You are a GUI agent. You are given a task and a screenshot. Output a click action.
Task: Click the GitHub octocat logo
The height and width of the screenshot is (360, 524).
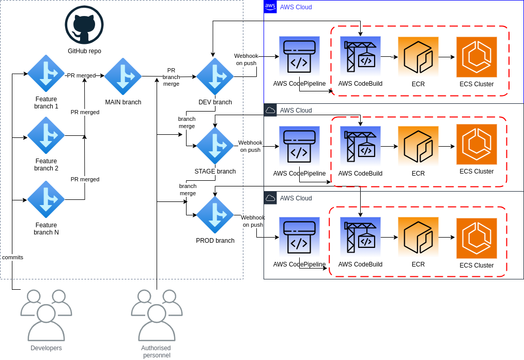84,25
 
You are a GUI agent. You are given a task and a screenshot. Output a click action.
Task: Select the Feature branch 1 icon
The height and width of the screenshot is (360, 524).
46,73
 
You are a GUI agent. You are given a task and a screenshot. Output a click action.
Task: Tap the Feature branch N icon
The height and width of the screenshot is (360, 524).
46,199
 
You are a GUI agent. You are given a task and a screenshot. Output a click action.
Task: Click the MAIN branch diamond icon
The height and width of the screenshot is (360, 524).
123,76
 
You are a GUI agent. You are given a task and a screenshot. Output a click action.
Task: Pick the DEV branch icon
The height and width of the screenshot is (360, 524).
215,76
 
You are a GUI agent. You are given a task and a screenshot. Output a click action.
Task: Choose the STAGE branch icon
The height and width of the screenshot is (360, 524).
215,146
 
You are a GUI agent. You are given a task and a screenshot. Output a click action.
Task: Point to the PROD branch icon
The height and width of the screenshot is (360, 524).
215,215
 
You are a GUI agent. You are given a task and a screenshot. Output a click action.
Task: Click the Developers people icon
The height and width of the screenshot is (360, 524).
46,316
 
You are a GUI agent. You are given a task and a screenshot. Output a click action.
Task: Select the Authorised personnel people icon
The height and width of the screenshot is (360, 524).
157,316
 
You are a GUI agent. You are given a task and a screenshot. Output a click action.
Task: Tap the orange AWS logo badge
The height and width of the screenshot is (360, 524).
270,7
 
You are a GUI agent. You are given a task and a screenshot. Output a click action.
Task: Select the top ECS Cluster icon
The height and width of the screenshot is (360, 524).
476,57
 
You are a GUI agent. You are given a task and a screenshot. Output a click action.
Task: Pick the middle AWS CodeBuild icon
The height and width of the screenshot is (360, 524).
360,146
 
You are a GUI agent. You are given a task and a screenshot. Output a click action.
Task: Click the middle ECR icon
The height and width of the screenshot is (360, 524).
418,146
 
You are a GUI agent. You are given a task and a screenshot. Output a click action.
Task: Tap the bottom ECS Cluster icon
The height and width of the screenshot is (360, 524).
476,238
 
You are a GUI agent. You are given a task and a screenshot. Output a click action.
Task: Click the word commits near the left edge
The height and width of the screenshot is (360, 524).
12,257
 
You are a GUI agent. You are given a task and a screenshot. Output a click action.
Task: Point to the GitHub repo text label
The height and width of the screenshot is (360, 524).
84,51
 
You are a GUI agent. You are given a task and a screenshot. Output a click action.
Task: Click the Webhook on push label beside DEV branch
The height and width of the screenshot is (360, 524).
246,59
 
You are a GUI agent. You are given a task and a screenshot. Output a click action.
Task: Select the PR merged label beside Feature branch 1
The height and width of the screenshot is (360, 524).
81,75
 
